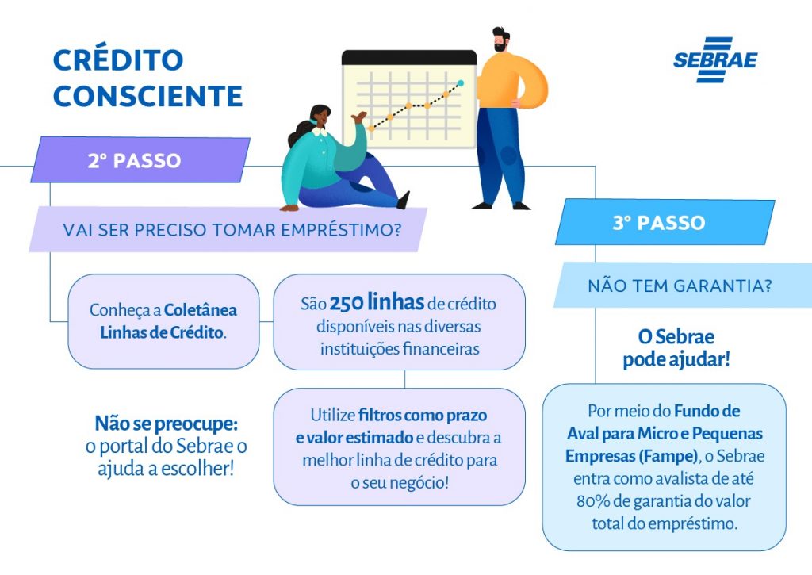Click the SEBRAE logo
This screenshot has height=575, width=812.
coord(715,59)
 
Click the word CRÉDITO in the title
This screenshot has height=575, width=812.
coord(118,60)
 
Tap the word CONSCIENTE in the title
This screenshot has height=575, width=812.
coord(147,96)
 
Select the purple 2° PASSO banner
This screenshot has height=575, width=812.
coord(140,160)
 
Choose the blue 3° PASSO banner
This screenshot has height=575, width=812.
coord(665,222)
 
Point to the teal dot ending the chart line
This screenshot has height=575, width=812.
coord(461,83)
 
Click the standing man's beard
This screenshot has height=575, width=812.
coord(500,47)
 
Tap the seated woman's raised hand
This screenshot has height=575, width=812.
coord(358,117)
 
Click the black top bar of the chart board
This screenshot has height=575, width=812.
coord(409,57)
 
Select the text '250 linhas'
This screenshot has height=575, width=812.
coord(377,302)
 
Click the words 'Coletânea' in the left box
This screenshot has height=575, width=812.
coord(201,310)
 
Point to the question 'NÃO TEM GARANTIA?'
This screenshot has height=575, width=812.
coord(680,286)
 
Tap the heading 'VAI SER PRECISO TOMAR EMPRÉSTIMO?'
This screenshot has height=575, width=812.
coord(232,229)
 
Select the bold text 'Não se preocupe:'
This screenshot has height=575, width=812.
coord(167,424)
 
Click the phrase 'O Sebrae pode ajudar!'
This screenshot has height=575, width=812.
coord(676,348)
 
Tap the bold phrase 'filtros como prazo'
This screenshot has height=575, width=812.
coord(423,416)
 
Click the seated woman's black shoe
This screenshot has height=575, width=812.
coord(404,200)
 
